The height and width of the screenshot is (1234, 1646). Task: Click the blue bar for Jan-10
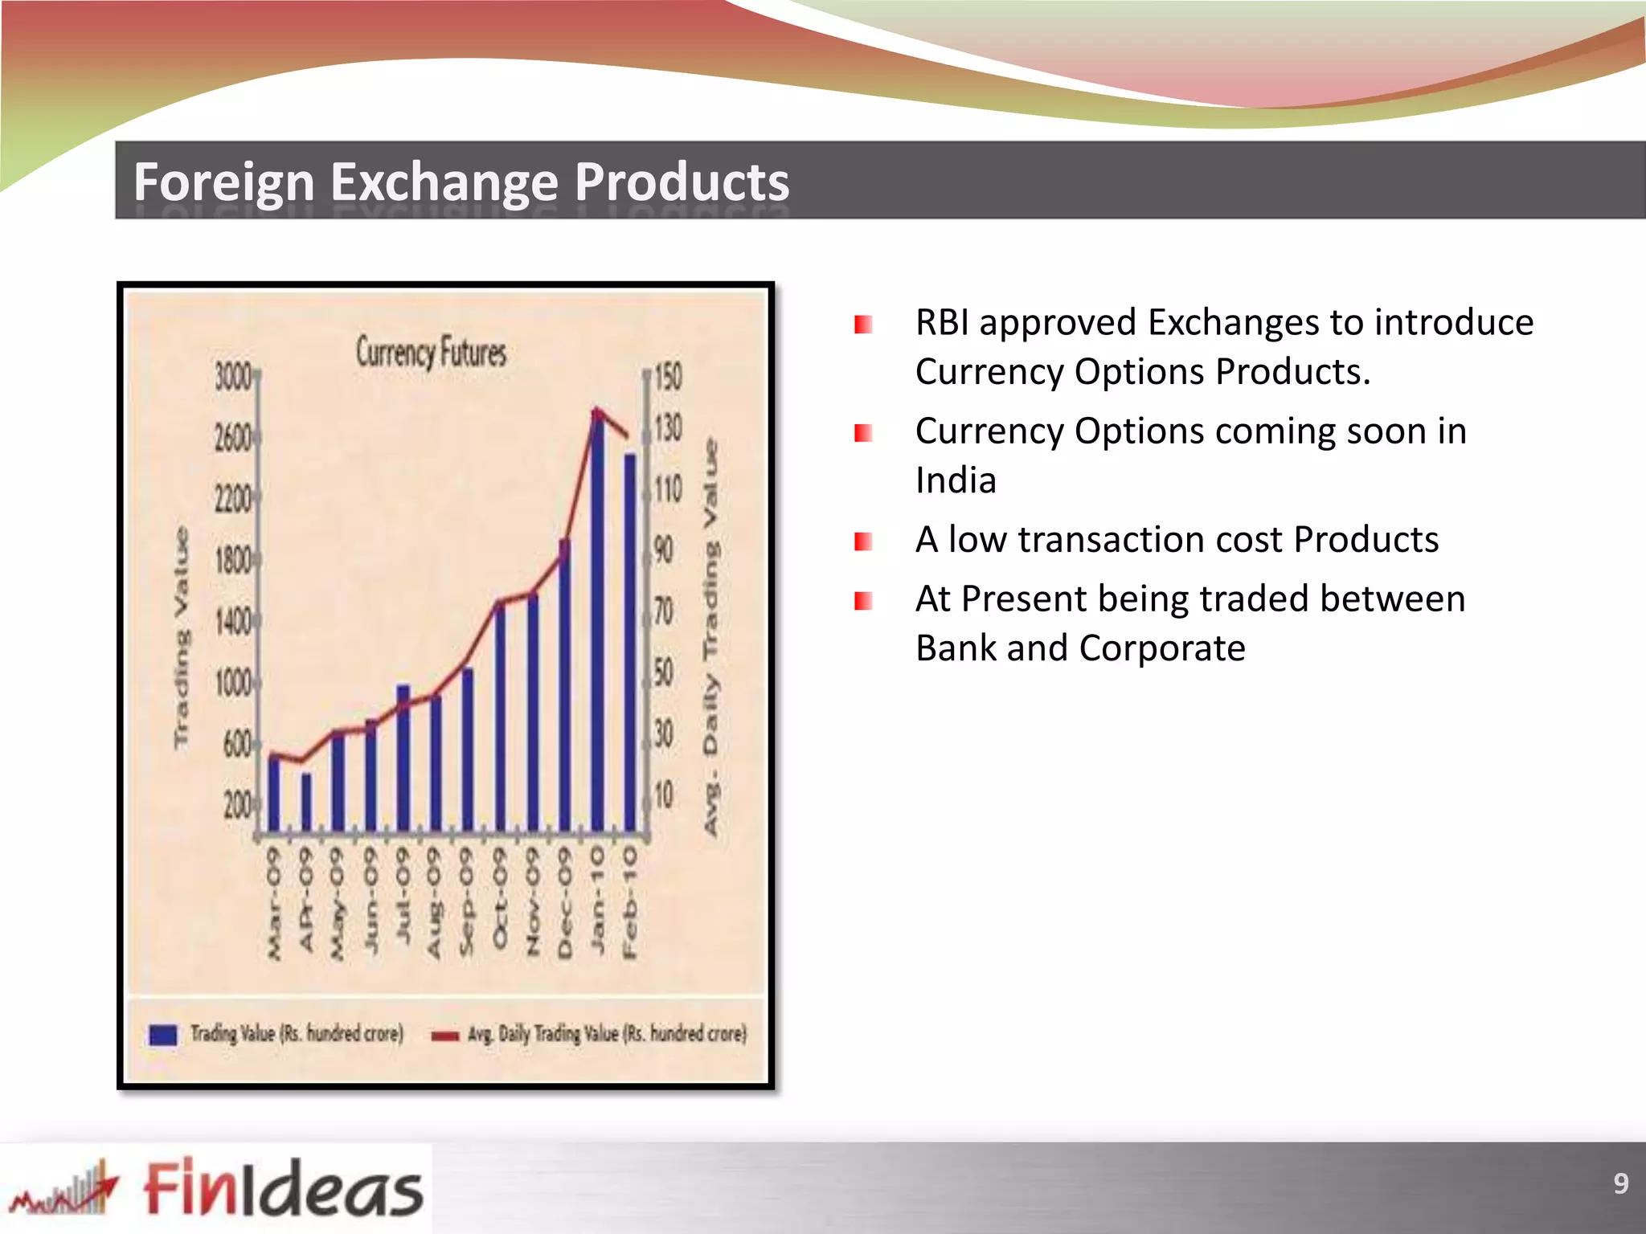coord(597,627)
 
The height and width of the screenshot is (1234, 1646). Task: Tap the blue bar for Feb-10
coord(630,643)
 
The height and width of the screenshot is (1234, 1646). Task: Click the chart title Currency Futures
coord(432,353)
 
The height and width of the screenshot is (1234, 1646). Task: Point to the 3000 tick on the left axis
coord(234,376)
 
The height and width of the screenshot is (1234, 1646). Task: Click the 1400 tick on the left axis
coord(234,621)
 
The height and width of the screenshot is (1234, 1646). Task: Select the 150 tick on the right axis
coord(667,376)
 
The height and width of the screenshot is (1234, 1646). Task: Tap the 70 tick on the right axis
coord(663,611)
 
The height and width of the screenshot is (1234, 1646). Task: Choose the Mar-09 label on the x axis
coord(274,903)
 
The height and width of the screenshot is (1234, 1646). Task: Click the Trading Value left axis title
coord(182,639)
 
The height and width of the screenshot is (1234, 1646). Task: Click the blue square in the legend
coord(163,1035)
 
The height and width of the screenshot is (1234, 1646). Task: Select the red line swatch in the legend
coord(444,1036)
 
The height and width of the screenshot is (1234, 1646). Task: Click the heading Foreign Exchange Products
coord(461,182)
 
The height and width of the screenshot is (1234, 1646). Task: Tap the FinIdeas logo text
coord(283,1187)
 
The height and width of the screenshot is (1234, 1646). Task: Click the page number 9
coord(1620,1183)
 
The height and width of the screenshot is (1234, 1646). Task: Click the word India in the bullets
coord(956,480)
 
